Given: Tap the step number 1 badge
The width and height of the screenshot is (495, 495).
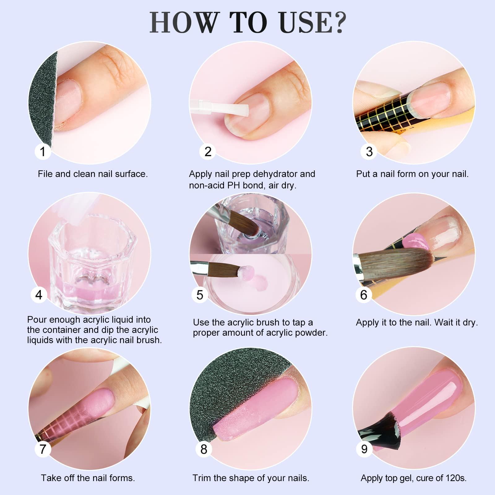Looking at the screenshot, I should click(x=42, y=152).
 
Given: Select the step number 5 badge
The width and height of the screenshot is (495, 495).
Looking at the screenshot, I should click(x=200, y=295).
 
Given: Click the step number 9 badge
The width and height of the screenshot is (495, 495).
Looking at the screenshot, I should click(x=364, y=449).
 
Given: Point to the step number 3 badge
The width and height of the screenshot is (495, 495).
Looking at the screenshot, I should click(x=369, y=152).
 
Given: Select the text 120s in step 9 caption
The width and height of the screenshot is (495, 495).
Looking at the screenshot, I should click(x=456, y=478).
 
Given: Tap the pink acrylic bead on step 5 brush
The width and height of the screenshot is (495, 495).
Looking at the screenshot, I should click(x=247, y=273).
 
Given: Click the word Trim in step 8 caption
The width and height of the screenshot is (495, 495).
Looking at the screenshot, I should click(x=202, y=478).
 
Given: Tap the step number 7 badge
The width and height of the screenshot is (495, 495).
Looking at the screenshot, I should click(x=42, y=449).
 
